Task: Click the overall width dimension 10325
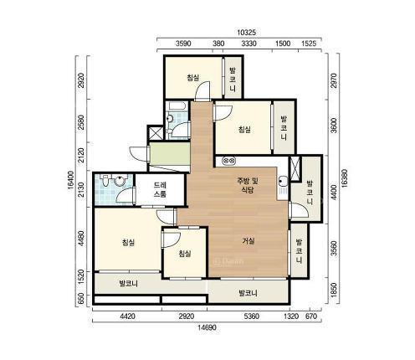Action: coord(246,33)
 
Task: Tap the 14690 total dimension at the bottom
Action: coord(207,327)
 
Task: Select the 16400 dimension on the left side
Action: coord(70,181)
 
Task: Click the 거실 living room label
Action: coord(248,241)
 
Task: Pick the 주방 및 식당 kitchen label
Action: coord(248,185)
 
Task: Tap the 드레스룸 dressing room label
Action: coord(160,190)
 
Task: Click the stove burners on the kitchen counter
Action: coord(228,161)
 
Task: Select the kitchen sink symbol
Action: coord(283,186)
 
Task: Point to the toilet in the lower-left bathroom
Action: coord(105,180)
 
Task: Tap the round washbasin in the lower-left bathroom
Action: coord(120,181)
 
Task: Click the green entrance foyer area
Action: coord(170,154)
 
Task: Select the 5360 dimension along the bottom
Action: coord(252,316)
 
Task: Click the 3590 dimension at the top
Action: coord(183,44)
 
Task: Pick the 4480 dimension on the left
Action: coord(81,239)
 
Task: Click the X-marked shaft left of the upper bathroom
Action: coord(155,133)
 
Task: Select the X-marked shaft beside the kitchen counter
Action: coord(295,168)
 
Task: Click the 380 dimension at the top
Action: coord(218,44)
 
